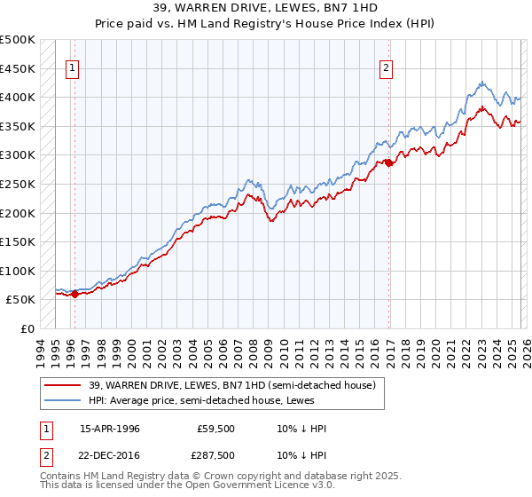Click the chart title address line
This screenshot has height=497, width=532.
coord(266,9)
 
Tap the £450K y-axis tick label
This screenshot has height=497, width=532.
coord(18,68)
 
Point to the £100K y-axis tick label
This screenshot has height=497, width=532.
coord(18,271)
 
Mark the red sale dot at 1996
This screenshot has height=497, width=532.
coord(74,295)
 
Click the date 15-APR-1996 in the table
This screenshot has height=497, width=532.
coord(110,429)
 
